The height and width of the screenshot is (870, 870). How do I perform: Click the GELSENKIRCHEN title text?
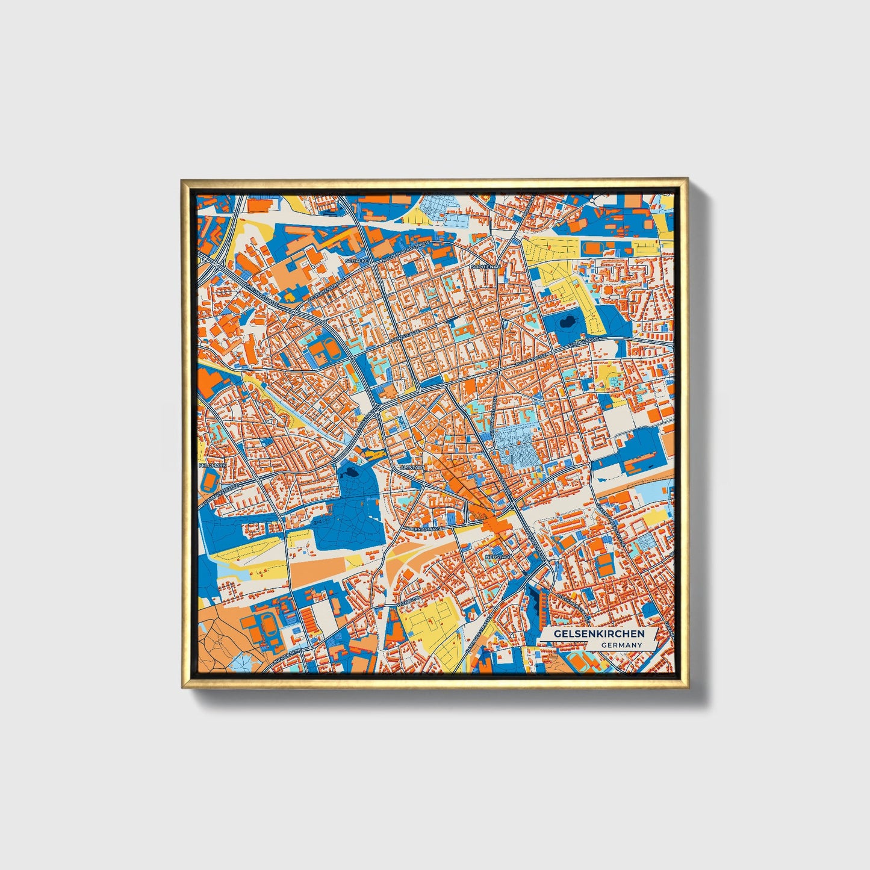(598, 634)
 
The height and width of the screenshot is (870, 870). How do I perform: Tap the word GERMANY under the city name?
(621, 645)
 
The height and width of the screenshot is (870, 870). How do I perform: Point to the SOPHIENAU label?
(486, 266)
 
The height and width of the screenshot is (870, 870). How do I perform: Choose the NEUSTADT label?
(498, 558)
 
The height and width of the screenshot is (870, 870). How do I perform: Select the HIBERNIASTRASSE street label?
(424, 527)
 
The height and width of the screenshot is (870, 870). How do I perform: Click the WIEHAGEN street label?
(408, 600)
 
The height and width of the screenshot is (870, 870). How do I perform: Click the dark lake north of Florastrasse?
(567, 325)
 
